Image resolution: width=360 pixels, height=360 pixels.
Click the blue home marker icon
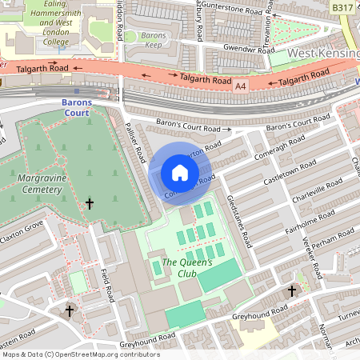(x=180, y=172)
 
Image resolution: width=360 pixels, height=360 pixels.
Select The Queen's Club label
(x=187, y=268)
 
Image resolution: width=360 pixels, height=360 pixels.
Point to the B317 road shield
(x=342, y=7)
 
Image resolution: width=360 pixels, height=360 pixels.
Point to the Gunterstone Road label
(x=234, y=13)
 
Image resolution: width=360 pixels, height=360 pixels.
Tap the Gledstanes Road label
(x=239, y=220)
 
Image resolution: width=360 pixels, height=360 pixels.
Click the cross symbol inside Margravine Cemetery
(x=89, y=205)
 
